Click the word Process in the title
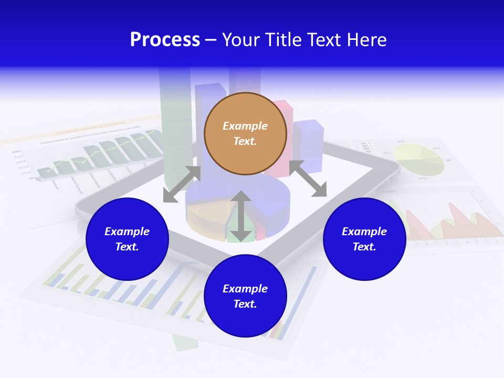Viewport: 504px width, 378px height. click(x=165, y=40)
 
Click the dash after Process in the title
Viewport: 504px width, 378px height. click(x=211, y=40)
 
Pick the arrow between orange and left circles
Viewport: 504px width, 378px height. click(x=182, y=184)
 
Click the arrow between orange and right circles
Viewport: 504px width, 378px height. click(x=308, y=178)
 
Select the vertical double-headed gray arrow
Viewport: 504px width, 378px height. click(x=241, y=216)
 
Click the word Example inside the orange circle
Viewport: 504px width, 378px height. click(x=245, y=126)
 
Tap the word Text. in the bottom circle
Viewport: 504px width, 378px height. click(x=245, y=304)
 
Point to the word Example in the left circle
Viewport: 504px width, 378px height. click(x=127, y=232)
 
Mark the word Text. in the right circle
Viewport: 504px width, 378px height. click(x=364, y=247)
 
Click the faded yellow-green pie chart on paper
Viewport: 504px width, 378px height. click(x=419, y=160)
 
